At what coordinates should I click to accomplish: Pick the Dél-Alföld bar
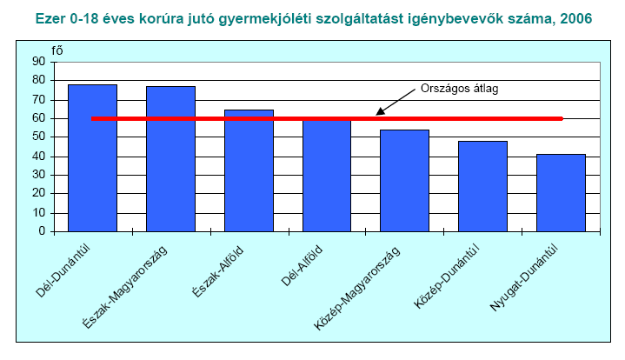[327, 176]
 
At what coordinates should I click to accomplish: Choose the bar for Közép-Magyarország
[404, 181]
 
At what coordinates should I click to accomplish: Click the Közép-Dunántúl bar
[482, 186]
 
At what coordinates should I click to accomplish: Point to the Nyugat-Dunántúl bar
[561, 193]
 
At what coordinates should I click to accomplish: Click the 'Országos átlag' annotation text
[459, 88]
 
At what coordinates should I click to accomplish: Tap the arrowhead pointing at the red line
[381, 111]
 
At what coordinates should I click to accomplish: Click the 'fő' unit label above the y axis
[57, 51]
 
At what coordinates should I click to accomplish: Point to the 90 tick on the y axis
[38, 62]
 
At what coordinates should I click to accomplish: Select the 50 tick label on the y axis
[38, 137]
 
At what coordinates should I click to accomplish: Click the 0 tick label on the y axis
[42, 231]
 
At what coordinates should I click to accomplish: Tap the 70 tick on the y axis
[38, 100]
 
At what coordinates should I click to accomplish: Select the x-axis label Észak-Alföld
[218, 272]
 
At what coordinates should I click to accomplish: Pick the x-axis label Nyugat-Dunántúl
[523, 278]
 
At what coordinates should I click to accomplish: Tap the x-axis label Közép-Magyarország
[357, 289]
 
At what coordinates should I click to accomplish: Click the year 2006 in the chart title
[576, 19]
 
